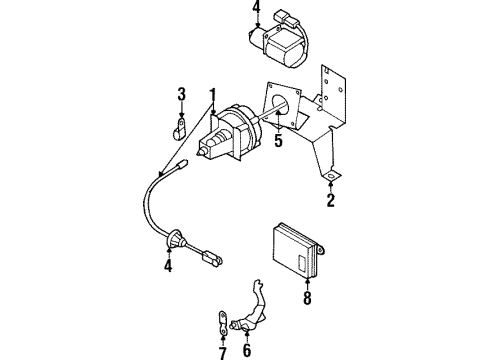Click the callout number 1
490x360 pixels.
coord(212,95)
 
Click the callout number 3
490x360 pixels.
coord(181,94)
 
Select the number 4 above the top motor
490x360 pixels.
coord(255,13)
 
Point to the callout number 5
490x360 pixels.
coord(280,141)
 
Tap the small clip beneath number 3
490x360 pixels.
coord(180,128)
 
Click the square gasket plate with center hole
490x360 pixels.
coord(281,105)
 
